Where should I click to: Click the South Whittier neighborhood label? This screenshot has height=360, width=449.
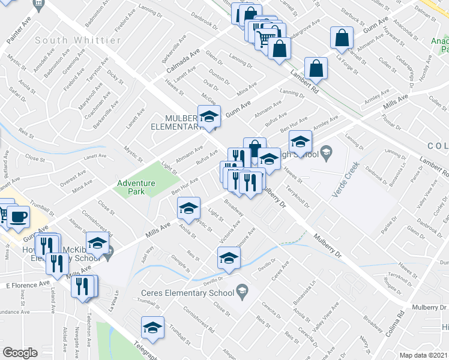[x=78, y=40]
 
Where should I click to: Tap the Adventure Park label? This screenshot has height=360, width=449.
[x=136, y=187]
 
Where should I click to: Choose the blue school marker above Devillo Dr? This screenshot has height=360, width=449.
[x=228, y=259]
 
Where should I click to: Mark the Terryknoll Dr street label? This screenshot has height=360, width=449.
[x=298, y=196]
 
